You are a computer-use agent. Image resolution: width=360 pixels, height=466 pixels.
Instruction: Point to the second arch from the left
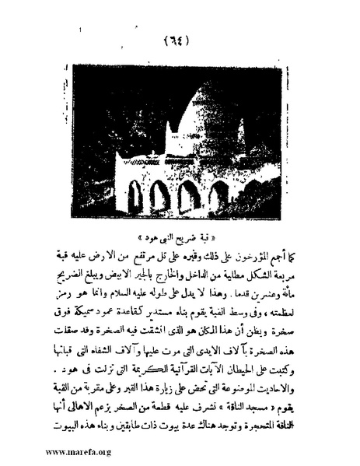pyautogui.click(x=159, y=196)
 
